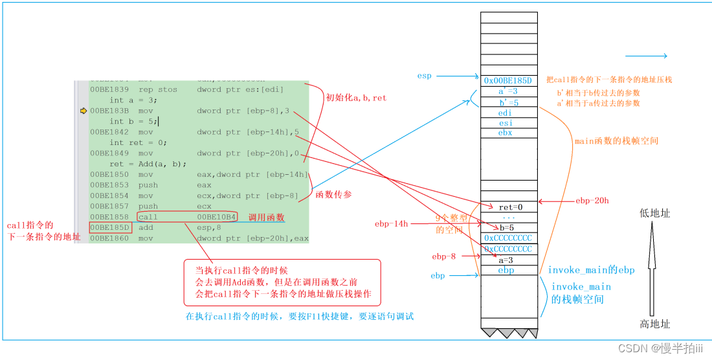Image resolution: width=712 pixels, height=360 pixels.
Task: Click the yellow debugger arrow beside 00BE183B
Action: coord(83,111)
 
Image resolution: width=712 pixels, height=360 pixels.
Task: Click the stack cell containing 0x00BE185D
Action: coord(508,81)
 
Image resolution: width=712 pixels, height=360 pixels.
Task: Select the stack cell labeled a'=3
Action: coord(508,91)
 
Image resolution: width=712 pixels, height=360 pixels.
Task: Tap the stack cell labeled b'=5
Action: coord(508,102)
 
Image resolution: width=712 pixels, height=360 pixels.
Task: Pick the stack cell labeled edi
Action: coord(508,113)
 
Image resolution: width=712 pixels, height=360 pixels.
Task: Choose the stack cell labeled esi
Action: coord(508,123)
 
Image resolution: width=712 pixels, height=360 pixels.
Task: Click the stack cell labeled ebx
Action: coord(508,133)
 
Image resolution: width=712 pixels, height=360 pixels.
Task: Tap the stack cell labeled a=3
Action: coord(508,259)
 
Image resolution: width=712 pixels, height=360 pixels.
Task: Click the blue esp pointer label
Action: coord(424,76)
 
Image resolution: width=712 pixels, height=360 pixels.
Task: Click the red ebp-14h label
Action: coord(391,224)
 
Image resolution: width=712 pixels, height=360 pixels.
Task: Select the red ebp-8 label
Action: coord(445,256)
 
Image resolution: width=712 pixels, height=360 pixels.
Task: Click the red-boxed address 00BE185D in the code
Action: coord(111,228)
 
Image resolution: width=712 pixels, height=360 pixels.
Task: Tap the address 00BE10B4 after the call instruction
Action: coord(216,217)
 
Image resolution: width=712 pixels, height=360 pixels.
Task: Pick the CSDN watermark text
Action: coord(660,348)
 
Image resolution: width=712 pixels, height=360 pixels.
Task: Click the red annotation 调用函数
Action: coord(266,217)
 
